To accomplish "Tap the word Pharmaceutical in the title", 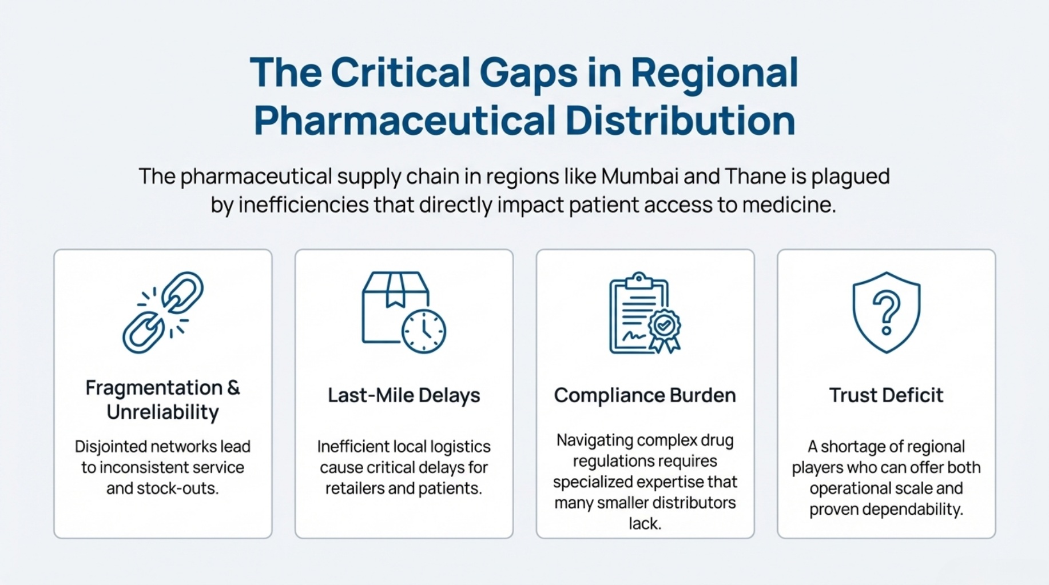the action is [404, 121].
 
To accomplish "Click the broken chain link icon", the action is [163, 312].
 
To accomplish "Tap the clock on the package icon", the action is [424, 331].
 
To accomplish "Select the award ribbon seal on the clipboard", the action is [664, 330].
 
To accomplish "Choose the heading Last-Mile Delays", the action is [404, 395].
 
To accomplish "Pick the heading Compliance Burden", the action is [645, 395].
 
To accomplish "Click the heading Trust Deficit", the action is [886, 395].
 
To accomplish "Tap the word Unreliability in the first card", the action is [163, 412].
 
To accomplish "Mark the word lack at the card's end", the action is [645, 523].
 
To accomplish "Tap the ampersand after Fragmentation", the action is [233, 388].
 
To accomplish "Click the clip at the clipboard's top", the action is [639, 281].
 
